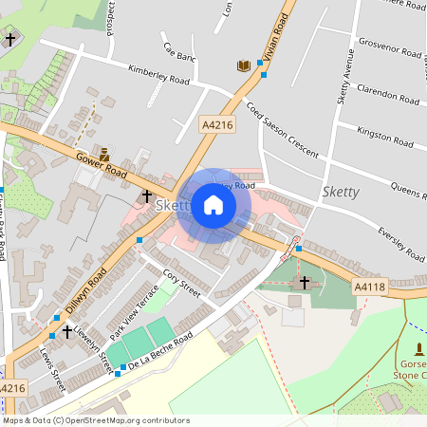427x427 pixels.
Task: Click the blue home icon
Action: pyautogui.click(x=213, y=205)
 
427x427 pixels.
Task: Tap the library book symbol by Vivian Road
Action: pyautogui.click(x=244, y=65)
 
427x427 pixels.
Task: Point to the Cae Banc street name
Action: pyautogui.click(x=179, y=51)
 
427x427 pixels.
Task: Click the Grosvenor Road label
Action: pyautogui.click(x=391, y=50)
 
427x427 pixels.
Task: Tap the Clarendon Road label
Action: pyautogui.click(x=387, y=95)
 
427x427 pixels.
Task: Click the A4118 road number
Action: pyautogui.click(x=370, y=286)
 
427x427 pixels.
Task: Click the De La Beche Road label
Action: pyautogui.click(x=159, y=349)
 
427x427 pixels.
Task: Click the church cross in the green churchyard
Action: pyautogui.click(x=305, y=282)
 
